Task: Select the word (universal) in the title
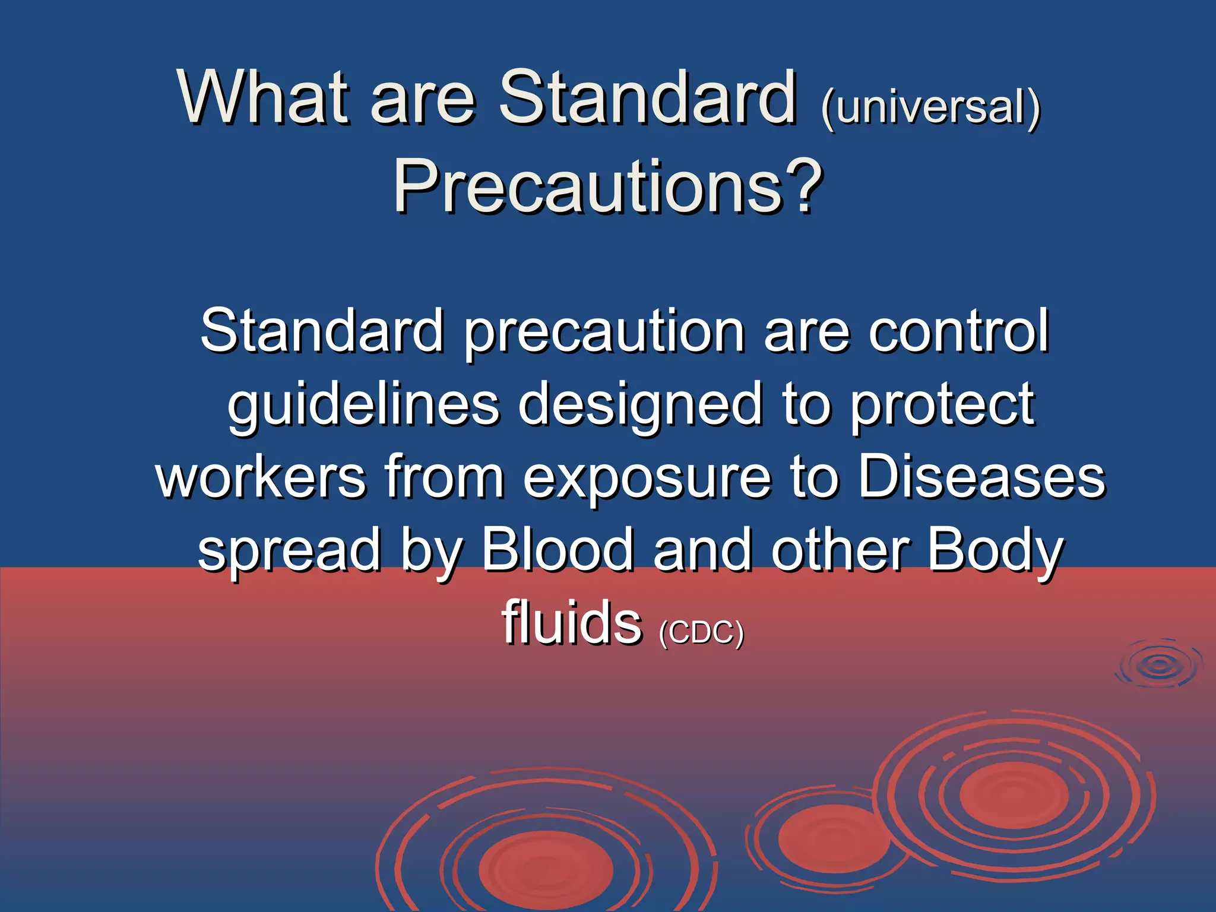[x=930, y=107]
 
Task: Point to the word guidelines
[x=363, y=406]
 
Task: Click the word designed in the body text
[x=640, y=406]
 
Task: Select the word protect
[x=943, y=406]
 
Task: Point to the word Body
[x=995, y=551]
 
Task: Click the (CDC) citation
[x=701, y=632]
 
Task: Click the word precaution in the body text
[x=604, y=332]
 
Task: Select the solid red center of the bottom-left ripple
[x=545, y=870]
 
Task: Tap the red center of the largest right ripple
[x=1014, y=795]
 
